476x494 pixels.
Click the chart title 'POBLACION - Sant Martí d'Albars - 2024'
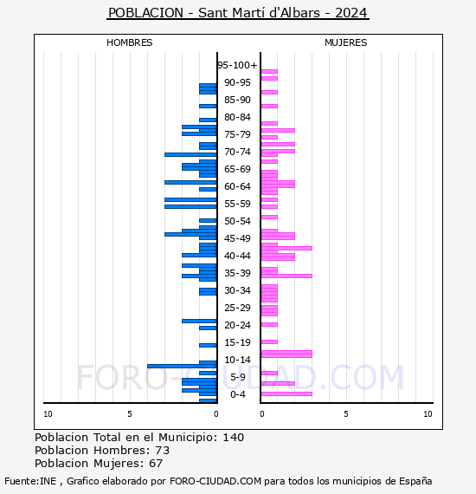click(x=238, y=13)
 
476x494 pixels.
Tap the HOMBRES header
click(x=129, y=42)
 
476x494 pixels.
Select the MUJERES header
click(x=346, y=42)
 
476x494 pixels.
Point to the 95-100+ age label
click(x=237, y=65)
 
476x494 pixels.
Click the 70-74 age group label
click(x=237, y=152)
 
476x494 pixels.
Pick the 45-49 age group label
click(x=237, y=238)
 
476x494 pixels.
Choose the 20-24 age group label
click(x=237, y=325)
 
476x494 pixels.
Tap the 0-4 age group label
click(x=237, y=394)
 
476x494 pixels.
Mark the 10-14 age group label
click(x=237, y=360)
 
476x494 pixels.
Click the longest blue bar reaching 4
click(x=182, y=366)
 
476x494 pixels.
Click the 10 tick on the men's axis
click(x=48, y=414)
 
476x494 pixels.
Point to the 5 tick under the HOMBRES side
click(x=130, y=414)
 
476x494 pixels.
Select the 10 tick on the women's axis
click(x=428, y=414)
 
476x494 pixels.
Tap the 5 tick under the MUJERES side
click(x=346, y=414)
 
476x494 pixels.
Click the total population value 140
click(x=233, y=438)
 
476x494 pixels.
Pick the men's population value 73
click(x=163, y=450)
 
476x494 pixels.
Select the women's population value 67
click(x=156, y=463)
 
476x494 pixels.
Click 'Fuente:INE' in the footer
click(x=30, y=481)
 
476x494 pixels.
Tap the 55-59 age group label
click(x=237, y=204)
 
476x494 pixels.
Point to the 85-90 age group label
click(x=237, y=100)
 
